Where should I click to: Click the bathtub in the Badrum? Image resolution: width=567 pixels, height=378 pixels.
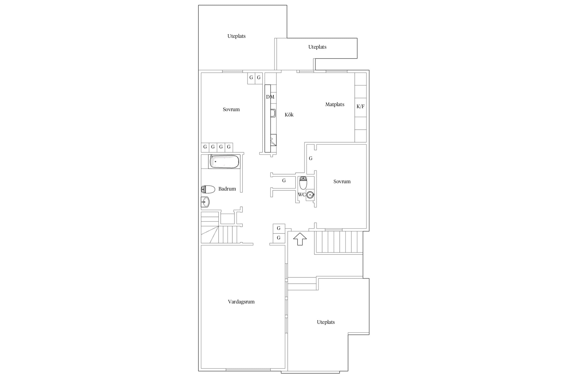click(224, 162)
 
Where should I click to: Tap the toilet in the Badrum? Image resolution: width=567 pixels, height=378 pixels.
click(208, 189)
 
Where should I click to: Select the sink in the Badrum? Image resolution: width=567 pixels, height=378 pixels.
click(205, 202)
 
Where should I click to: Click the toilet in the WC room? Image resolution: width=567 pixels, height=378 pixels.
click(303, 183)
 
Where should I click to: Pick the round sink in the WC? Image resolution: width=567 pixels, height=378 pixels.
click(310, 195)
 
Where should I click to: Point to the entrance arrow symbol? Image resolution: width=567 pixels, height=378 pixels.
click(300, 239)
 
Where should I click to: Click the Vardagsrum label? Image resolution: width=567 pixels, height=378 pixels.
click(241, 302)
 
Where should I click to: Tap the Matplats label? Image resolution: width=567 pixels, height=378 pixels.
click(335, 104)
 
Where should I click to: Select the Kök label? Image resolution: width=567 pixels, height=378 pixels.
click(289, 115)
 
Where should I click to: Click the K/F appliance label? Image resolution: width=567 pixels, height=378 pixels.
click(360, 106)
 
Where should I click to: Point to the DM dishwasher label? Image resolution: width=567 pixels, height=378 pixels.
click(270, 97)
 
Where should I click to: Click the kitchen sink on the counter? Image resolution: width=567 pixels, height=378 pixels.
click(273, 113)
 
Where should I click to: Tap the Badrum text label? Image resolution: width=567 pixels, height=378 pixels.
click(227, 189)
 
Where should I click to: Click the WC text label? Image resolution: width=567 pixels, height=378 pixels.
click(302, 195)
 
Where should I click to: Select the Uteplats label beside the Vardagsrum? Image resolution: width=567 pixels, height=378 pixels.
click(326, 322)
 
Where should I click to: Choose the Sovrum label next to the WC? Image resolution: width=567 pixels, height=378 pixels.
click(342, 181)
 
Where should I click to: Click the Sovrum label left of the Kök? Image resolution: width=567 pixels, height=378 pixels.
click(231, 109)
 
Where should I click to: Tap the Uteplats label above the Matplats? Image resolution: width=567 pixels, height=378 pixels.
click(317, 47)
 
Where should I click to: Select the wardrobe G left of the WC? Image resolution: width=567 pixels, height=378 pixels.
click(284, 180)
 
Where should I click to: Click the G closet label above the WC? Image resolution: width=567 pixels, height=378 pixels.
click(311, 158)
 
